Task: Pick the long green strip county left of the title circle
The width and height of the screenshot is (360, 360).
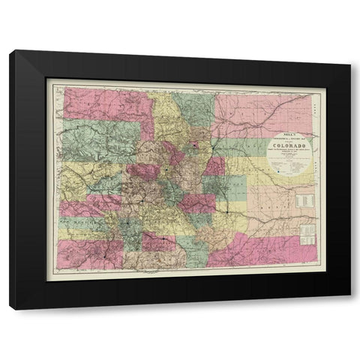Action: [240, 146]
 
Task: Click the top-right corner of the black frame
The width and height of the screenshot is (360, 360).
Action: [349, 51]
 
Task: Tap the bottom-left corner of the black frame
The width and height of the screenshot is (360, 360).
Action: [10, 307]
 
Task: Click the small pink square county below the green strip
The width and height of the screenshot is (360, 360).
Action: [214, 166]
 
